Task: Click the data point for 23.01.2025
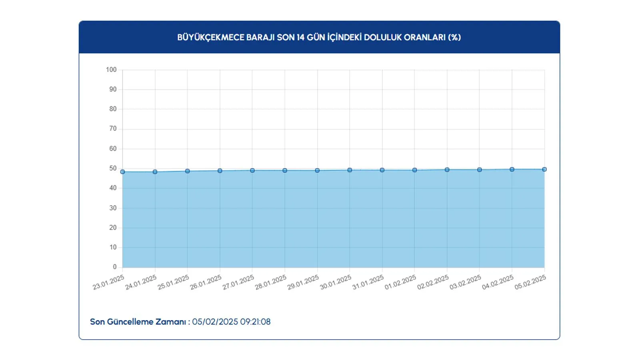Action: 122,172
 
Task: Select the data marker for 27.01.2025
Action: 252,170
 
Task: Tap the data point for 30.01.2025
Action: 350,170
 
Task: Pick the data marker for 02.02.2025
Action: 447,170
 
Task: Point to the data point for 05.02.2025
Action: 544,169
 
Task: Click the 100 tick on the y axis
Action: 111,70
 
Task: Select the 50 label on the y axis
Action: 113,168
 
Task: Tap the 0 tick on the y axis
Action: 115,267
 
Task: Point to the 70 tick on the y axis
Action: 113,129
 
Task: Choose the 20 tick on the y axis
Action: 113,228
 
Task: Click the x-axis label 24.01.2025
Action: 141,282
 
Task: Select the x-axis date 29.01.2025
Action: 303,282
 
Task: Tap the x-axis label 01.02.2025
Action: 400,282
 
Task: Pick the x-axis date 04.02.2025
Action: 498,282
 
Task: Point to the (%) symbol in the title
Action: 454,37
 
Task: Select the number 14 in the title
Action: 301,37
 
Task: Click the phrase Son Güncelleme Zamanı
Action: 138,322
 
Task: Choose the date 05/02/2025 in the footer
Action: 215,322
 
